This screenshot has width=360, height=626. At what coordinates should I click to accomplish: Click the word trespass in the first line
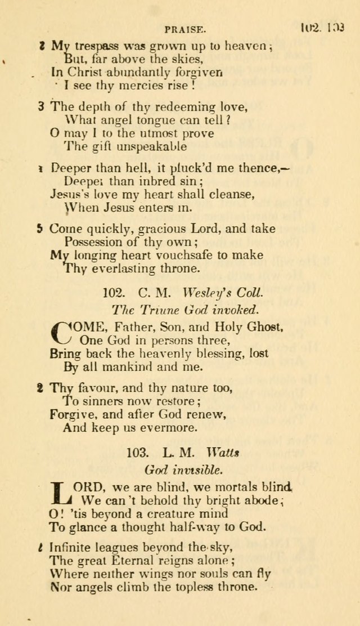click(90, 47)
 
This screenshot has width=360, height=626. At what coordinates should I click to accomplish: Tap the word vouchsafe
click(181, 255)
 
